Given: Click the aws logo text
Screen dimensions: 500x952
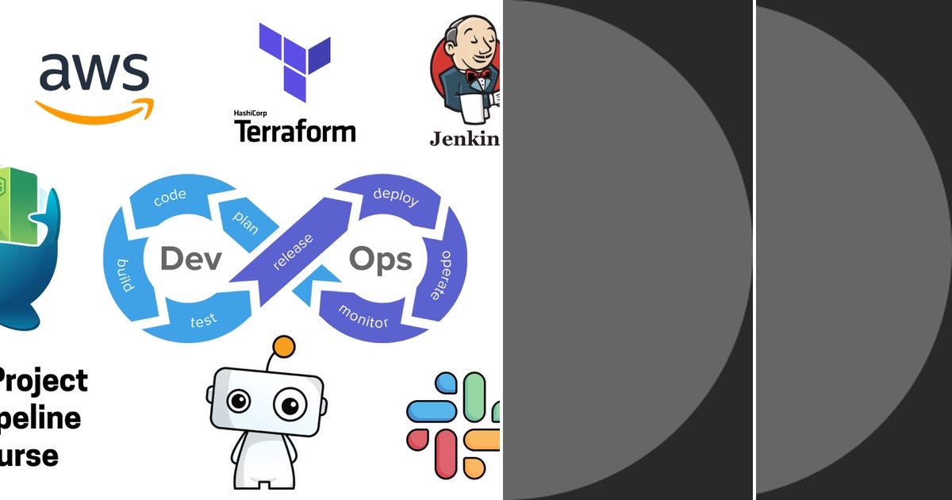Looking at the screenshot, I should (x=94, y=72).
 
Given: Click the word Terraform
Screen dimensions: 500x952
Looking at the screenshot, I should (x=295, y=130).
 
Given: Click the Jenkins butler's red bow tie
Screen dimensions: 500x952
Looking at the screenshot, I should (x=477, y=77).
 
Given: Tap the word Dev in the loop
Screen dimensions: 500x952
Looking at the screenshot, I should (x=190, y=260).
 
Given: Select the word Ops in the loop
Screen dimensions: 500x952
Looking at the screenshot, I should (x=381, y=260).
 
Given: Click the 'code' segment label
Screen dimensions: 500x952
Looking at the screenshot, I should (x=170, y=198).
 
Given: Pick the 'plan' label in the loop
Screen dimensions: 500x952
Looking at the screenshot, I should (x=245, y=221).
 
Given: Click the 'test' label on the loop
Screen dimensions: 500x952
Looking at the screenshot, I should (x=204, y=321).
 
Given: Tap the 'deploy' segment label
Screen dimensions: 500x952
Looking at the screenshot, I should (x=395, y=197).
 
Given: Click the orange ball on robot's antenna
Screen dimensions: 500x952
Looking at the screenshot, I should (x=283, y=346).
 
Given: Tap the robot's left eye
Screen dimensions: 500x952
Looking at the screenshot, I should (x=238, y=402).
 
